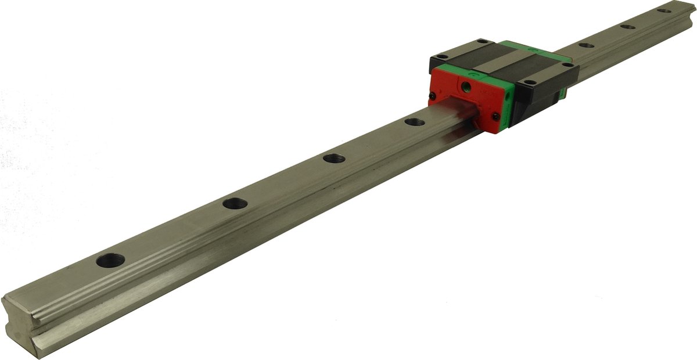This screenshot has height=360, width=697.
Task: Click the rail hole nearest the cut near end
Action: [x=110, y=261]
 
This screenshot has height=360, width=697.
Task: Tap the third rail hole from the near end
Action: [x=334, y=158]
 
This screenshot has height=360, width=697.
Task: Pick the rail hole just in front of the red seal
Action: [x=414, y=122]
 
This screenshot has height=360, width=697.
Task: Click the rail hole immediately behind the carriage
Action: [x=586, y=45]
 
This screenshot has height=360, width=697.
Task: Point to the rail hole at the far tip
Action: [x=664, y=10]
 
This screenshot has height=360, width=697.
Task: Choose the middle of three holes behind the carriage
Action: [x=627, y=26]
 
